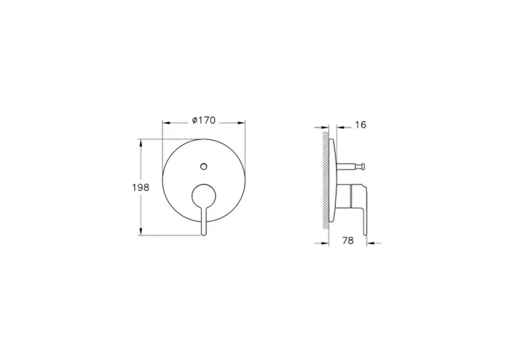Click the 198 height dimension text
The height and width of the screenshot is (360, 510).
pos(141,187)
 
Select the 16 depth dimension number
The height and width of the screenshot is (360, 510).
pos(361,125)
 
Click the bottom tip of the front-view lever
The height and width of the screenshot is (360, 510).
pos(205,232)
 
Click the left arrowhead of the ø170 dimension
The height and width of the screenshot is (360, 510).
pos(164,121)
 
